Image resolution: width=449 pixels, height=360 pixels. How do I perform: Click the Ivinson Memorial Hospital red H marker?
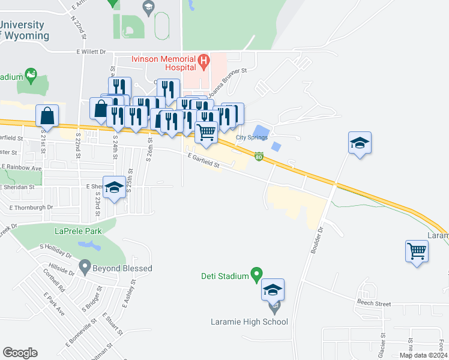click(x=203, y=61)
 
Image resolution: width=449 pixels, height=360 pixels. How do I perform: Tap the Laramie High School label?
click(x=249, y=322)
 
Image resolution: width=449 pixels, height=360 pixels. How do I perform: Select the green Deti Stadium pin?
click(x=256, y=275)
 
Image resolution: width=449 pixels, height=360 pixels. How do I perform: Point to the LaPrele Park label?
click(x=77, y=230)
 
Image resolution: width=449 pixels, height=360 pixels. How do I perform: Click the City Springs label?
click(x=251, y=137)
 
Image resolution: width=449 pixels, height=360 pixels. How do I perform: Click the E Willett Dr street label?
click(x=91, y=52)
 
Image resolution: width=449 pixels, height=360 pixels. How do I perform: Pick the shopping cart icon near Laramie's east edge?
click(x=417, y=251)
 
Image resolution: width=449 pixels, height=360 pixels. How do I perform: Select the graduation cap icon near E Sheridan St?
click(x=114, y=187)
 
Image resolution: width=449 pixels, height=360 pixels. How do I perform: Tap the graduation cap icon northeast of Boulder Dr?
click(x=360, y=143)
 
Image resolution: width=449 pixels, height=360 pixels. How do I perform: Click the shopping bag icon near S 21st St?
click(x=47, y=115)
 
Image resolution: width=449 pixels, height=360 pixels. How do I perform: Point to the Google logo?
click(x=20, y=353)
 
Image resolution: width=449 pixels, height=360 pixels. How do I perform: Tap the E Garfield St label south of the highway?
click(x=205, y=161)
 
